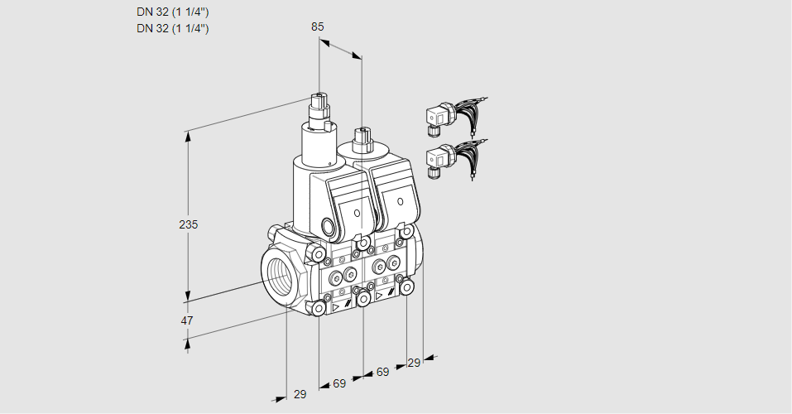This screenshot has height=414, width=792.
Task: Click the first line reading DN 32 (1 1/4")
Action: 173,12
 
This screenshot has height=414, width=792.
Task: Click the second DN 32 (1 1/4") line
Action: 173,28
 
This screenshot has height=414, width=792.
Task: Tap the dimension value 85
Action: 318,26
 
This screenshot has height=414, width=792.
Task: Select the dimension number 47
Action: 187,320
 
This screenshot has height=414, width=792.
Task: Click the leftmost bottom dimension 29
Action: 300,394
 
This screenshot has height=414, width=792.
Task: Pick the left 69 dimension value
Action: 339,383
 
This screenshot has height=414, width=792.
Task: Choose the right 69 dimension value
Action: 382,372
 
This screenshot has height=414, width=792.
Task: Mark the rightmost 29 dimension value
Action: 414,363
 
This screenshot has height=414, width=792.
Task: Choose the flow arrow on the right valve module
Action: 379,295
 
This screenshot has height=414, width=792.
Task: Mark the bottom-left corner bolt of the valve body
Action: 319,308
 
